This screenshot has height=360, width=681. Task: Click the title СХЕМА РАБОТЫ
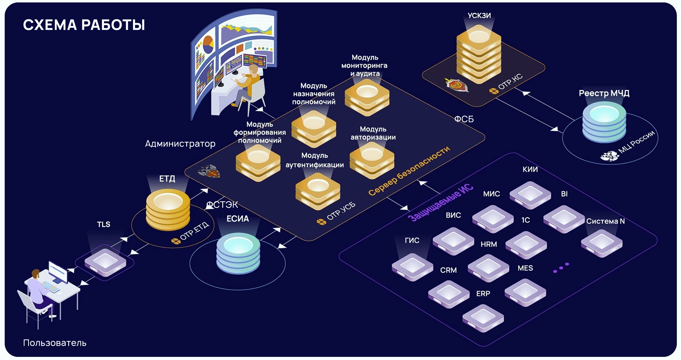pos(84,25)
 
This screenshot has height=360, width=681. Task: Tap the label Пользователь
pos(55,343)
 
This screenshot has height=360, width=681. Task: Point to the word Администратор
pos(180,144)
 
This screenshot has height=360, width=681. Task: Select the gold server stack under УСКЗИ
pos(479,56)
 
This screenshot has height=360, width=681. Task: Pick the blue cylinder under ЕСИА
pos(238,254)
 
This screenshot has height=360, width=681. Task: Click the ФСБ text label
pos(464,119)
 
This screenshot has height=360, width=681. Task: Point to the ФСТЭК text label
pos(222,205)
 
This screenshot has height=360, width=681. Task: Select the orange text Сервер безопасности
pos(409,171)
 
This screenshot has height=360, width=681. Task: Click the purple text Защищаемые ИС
pos(441,203)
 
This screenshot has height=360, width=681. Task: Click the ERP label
pos(483,294)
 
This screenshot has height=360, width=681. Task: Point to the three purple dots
pos(561,268)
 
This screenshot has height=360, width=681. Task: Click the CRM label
pos(448,270)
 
